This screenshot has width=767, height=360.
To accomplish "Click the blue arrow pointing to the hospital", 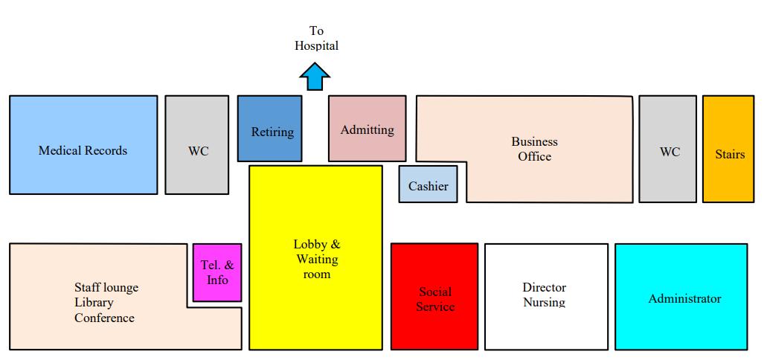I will (x=315, y=76).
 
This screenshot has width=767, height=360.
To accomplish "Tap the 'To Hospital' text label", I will (x=316, y=38).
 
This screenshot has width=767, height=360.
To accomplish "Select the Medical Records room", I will (x=83, y=144).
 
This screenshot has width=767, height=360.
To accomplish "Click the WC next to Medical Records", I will (x=197, y=145).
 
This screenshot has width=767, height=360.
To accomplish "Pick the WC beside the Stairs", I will (x=668, y=149).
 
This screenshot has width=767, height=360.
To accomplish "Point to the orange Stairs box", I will (x=728, y=149).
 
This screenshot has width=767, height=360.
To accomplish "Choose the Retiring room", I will (x=270, y=128).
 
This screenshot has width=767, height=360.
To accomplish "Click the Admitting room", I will (x=367, y=128).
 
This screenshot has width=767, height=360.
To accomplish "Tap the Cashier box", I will (x=428, y=185).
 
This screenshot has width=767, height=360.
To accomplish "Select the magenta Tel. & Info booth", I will (x=217, y=272).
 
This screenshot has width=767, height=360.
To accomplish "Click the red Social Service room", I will (x=434, y=298).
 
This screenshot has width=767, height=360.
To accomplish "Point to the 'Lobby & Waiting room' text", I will (x=316, y=259).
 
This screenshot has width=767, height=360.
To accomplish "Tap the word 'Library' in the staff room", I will (x=94, y=303).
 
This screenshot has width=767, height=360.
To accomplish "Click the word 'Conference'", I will (x=104, y=318).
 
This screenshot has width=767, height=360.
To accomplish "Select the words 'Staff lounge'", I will (x=106, y=287).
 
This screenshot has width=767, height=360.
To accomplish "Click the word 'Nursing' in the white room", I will (x=544, y=303).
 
